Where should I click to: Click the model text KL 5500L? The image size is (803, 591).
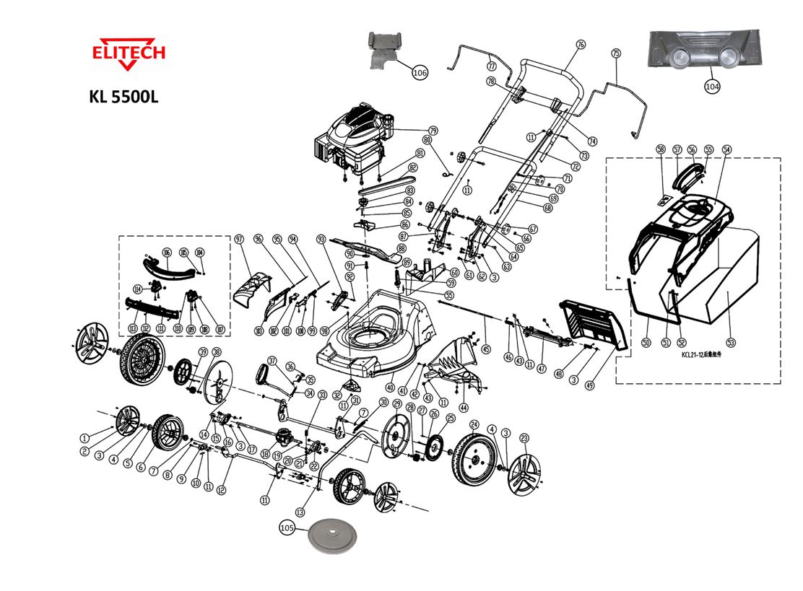[123, 97]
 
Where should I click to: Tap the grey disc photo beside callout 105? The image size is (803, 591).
[334, 537]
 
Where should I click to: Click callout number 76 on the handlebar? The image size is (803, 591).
[580, 45]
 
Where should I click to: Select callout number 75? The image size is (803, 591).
[616, 53]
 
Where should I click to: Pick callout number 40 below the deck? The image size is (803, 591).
[390, 388]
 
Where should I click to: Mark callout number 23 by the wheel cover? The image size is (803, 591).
[525, 437]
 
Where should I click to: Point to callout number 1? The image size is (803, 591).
[84, 437]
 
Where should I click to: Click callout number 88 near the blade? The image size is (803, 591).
[401, 248]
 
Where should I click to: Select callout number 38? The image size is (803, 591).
[216, 351]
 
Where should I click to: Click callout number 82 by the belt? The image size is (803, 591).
[412, 167]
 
